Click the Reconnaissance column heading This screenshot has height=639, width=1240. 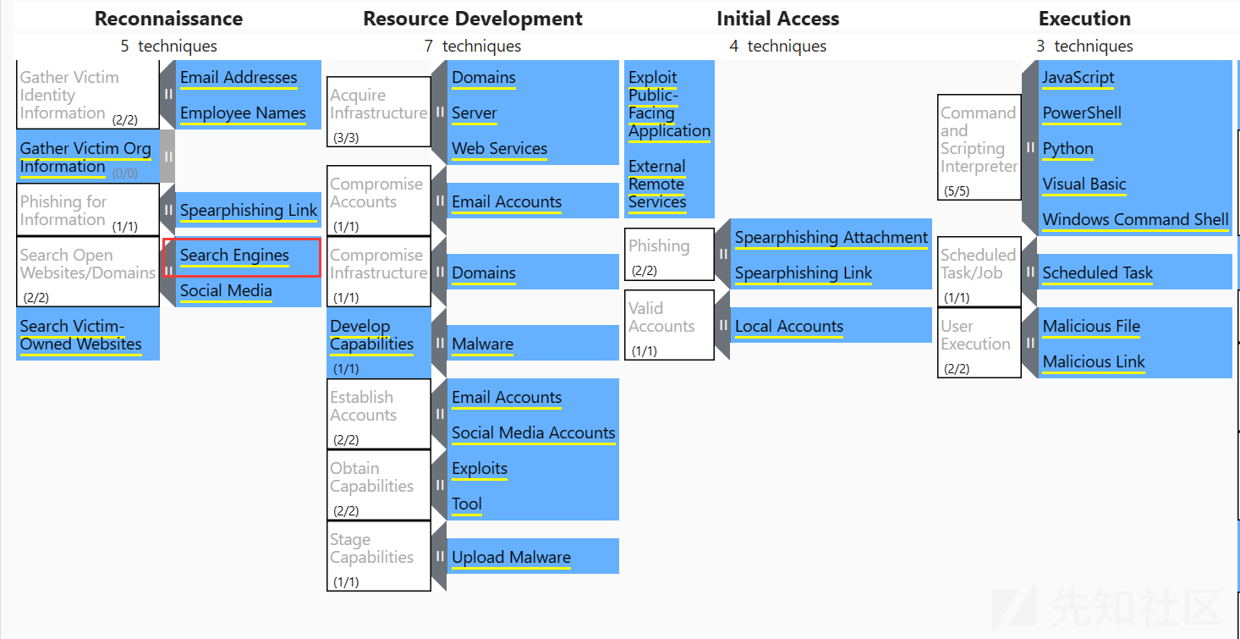[168, 19]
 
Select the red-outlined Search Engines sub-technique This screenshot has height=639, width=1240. [242, 257]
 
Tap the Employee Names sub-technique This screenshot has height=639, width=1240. [243, 113]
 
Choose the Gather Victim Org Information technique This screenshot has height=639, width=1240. [88, 157]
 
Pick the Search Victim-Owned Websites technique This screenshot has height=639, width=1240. [88, 334]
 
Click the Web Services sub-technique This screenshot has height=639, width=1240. [499, 148]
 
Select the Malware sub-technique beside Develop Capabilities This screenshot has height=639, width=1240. [482, 344]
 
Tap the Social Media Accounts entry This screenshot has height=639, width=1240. [533, 432]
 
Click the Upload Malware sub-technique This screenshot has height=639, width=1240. [511, 557]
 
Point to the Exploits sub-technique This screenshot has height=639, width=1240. [480, 468]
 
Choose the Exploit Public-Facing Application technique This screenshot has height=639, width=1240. [669, 103]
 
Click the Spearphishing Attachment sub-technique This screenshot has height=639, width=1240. [831, 237]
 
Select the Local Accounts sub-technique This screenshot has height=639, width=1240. [789, 326]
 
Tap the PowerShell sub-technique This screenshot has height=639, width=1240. [1082, 113]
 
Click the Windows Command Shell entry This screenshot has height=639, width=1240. [1135, 219]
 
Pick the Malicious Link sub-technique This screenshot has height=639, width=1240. [1094, 361]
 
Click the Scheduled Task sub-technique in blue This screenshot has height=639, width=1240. [1097, 273]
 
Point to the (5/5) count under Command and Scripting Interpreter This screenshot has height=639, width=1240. [957, 191]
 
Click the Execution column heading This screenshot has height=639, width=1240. [1084, 19]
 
